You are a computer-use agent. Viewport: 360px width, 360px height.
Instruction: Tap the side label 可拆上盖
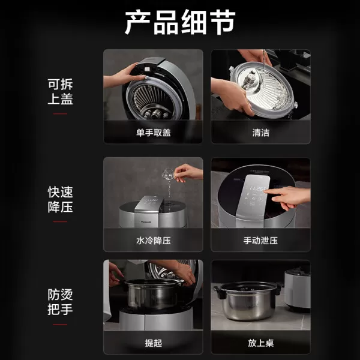click(60, 92)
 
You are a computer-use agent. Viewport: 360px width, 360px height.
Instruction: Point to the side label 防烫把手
click(60, 302)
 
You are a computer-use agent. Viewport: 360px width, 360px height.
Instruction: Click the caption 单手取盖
click(153, 133)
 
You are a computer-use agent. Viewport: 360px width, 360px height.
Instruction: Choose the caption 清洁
click(260, 133)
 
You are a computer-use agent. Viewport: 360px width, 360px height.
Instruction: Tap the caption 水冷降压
click(153, 241)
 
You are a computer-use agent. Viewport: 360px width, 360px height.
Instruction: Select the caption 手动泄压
click(260, 241)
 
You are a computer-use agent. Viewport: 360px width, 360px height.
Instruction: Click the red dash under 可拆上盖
click(60, 113)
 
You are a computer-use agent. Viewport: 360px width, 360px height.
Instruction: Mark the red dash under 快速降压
click(60, 221)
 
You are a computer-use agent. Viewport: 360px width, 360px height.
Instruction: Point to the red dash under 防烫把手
click(60, 324)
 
